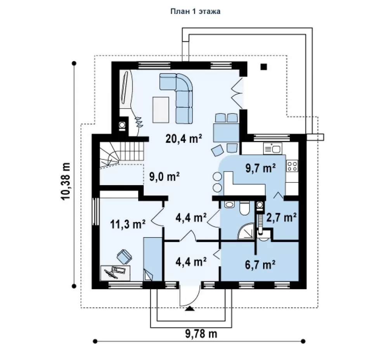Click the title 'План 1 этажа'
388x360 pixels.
pos(195,11)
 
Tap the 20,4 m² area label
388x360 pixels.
pos(184,139)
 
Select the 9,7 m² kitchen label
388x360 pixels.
pos(260,168)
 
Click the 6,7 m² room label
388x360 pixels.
pos(260,265)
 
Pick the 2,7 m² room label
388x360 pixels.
pos(282,217)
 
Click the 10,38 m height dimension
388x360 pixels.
pos(66,181)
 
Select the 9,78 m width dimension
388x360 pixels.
pos(201,334)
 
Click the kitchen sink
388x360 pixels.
pos(273,148)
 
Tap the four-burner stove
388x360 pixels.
pos(292,166)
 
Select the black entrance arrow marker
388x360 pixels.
pos(190,308)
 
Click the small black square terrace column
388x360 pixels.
pos(264,67)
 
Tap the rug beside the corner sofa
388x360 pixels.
pos(161,110)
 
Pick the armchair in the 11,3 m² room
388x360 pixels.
pos(124,256)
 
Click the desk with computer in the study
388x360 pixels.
pos(115,273)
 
